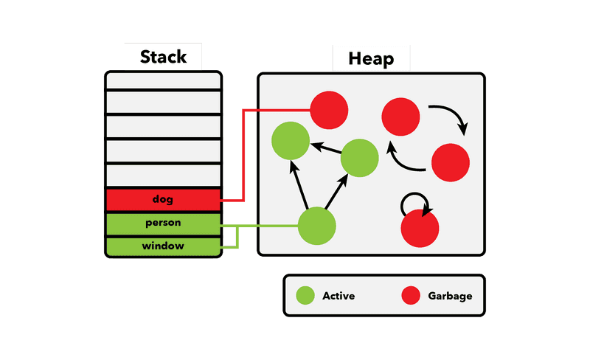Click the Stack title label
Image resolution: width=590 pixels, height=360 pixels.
[x=163, y=57]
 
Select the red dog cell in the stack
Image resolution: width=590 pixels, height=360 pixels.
[x=163, y=199]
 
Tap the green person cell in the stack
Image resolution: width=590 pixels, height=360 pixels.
[x=163, y=222]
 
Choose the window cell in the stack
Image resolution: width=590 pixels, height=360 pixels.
[x=163, y=246]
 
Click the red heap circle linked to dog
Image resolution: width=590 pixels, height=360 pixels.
[x=329, y=111]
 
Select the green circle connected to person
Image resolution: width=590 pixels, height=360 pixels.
[x=317, y=225]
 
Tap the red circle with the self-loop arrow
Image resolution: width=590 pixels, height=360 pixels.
[x=420, y=228]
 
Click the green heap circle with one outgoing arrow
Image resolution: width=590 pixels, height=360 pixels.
[x=360, y=158]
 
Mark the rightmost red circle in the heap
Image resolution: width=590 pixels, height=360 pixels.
[x=451, y=162]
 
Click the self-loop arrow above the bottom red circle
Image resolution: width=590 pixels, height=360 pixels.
[x=414, y=201]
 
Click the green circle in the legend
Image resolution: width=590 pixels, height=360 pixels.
[x=305, y=296]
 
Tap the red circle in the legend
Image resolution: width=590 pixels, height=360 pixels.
[x=411, y=296]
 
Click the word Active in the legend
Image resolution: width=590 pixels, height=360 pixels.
[x=339, y=296]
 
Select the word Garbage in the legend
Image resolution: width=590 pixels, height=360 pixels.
[x=450, y=296]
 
